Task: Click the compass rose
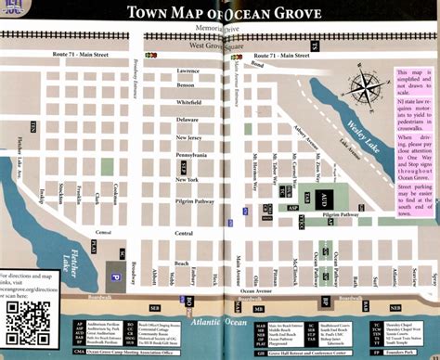(368, 89)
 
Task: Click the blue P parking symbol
(115, 276)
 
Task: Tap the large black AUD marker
(322, 199)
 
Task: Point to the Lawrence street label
(187, 71)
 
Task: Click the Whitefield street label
(188, 101)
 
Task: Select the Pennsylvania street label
(190, 155)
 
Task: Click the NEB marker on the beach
(395, 307)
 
